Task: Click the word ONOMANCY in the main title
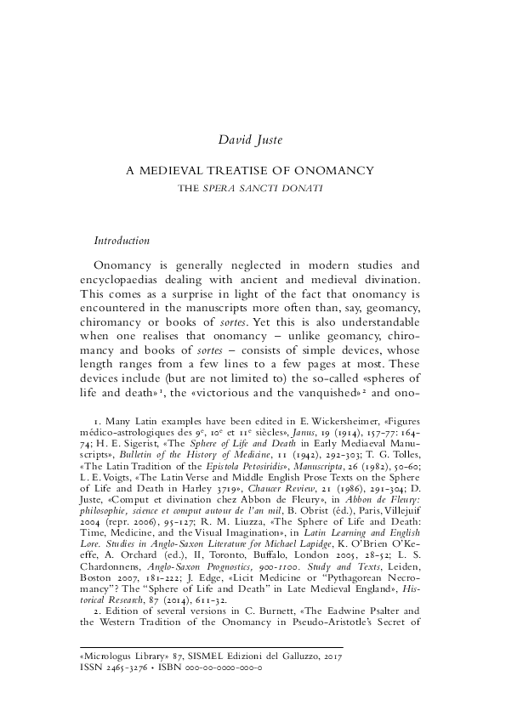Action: pyautogui.click(x=340, y=170)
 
